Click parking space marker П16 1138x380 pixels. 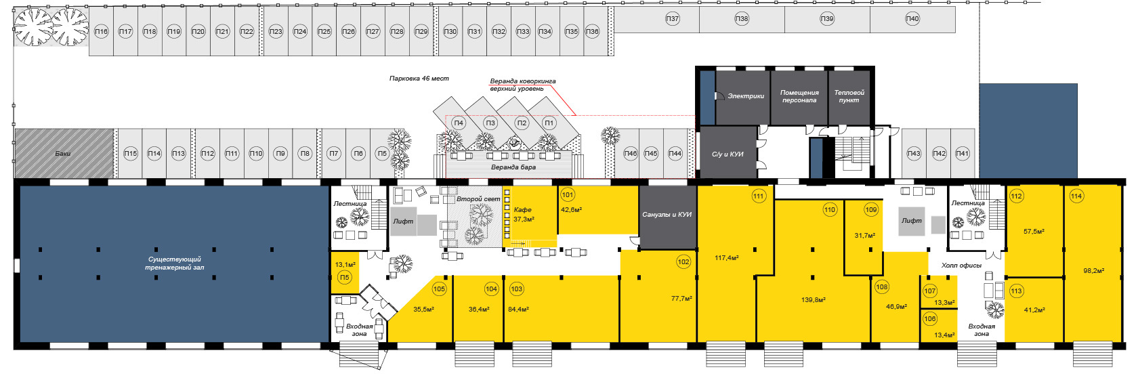pyautogui.click(x=101, y=32)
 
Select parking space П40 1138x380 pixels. pyautogui.click(x=912, y=19)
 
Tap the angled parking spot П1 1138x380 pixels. pyautogui.click(x=549, y=123)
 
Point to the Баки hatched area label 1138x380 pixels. pyautogui.click(x=63, y=154)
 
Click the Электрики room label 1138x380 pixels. pyautogui.click(x=746, y=96)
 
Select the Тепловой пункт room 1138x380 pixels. pyautogui.click(x=849, y=96)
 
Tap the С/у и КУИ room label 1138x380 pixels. pyautogui.click(x=728, y=154)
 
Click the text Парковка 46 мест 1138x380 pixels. pyautogui.click(x=419, y=79)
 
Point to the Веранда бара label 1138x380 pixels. pyautogui.click(x=513, y=167)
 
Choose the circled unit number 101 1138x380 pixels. pyautogui.click(x=568, y=195)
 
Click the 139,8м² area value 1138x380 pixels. pyautogui.click(x=813, y=299)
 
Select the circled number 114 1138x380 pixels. pyautogui.click(x=1076, y=196)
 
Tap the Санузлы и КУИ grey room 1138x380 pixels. pyautogui.click(x=667, y=215)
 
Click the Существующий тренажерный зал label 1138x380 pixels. pyautogui.click(x=174, y=263)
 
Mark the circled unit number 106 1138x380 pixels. pyautogui.click(x=930, y=319)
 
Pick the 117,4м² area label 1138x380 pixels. pyautogui.click(x=727, y=258)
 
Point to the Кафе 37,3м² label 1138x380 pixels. pyautogui.click(x=523, y=214)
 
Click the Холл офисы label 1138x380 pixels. pyautogui.click(x=961, y=266)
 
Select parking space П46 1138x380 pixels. pyautogui.click(x=631, y=154)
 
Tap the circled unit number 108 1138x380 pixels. pyautogui.click(x=881, y=287)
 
